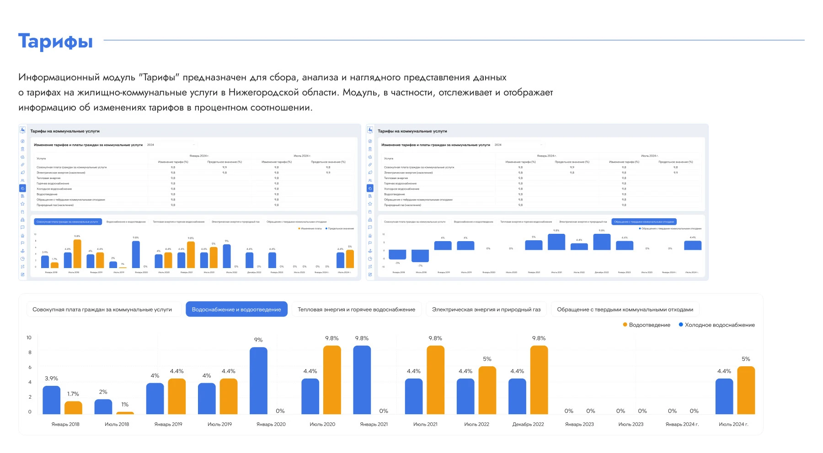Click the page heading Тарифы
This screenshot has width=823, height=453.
55,42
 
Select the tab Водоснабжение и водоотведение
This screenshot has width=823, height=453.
236,310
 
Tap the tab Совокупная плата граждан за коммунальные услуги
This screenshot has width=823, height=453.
102,310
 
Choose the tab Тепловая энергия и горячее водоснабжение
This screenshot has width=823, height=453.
356,310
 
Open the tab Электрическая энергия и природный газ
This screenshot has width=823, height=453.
486,310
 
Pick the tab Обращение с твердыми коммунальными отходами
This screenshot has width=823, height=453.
625,310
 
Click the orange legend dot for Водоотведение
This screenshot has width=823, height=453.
625,325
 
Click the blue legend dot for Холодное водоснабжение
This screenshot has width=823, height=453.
681,325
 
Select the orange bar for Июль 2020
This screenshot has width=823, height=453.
332,380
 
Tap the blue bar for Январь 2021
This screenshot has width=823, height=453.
362,380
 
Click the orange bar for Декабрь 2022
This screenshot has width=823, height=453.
539,380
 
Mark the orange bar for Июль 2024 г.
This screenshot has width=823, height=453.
746,390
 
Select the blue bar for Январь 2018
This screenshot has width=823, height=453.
51,400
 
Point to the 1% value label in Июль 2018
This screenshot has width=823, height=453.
125,405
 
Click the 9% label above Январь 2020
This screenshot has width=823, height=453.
258,340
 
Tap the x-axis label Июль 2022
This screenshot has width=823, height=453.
476,424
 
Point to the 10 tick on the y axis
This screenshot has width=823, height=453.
29,337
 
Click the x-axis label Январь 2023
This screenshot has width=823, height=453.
579,424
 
